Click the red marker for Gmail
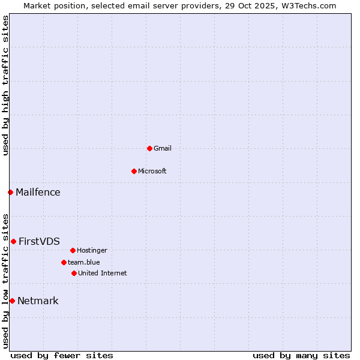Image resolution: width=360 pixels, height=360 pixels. [x=149, y=148]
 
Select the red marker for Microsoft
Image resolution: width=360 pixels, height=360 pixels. [x=134, y=171]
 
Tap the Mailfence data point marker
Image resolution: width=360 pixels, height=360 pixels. [x=10, y=192]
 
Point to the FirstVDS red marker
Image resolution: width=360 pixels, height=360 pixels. [x=13, y=241]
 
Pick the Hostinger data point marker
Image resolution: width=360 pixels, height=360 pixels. [x=73, y=250]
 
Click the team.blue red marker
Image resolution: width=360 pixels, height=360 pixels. [x=64, y=262]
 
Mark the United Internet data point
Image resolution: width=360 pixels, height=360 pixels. [x=74, y=273]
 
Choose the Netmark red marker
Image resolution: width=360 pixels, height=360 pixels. [x=12, y=301]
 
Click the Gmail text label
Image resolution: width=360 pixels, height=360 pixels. [x=163, y=148]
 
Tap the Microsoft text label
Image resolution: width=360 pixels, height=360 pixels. [x=152, y=171]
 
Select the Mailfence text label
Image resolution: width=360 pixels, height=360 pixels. [x=38, y=192]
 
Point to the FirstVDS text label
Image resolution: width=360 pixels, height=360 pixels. [x=39, y=241]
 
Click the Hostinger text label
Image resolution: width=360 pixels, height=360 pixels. [x=92, y=250]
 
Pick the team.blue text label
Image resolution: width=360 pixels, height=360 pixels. [x=84, y=262]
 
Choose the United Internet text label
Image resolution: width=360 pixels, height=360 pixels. [x=103, y=273]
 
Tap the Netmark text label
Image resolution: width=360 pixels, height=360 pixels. [x=38, y=301]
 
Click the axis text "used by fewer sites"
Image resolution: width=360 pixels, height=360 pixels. [x=62, y=355]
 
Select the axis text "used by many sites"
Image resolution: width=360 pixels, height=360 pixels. [x=301, y=355]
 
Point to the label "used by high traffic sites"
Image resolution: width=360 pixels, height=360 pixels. [x=5, y=85]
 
